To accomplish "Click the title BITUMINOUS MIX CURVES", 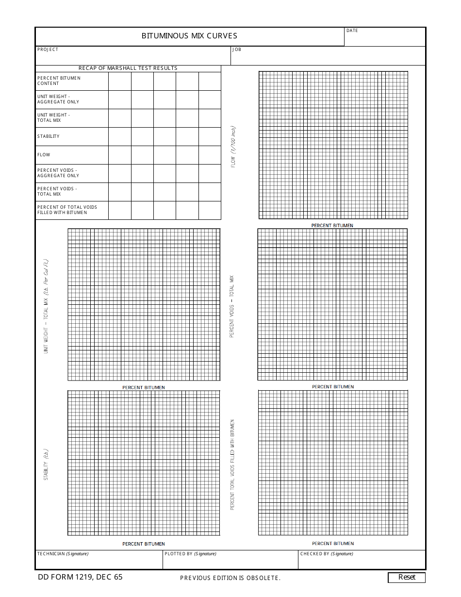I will (x=189, y=36).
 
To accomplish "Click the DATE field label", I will (x=352, y=31).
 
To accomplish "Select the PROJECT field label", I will (x=48, y=50).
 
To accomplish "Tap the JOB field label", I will (x=237, y=50).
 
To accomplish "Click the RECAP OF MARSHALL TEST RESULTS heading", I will (x=128, y=68).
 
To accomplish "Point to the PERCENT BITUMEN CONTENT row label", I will (x=59, y=81).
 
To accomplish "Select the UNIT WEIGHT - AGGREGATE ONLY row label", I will (x=58, y=99).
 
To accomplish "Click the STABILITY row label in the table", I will (x=49, y=136).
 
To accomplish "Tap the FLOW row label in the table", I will (x=44, y=155).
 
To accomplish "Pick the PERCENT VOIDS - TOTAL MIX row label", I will (x=57, y=191).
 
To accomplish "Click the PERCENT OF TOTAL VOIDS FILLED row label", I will (x=67, y=210).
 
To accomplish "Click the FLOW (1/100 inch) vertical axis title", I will (x=233, y=147).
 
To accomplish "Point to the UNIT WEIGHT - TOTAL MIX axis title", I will (x=46, y=306).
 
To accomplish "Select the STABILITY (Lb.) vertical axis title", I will (x=46, y=464).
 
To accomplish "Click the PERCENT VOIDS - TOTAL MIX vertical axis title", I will (x=232, y=307).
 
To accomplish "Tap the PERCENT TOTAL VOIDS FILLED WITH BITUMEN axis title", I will (x=232, y=464).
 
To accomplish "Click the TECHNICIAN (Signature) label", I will (x=63, y=554).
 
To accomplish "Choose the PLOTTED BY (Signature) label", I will (x=190, y=554).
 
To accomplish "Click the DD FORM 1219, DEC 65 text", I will (x=80, y=577).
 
